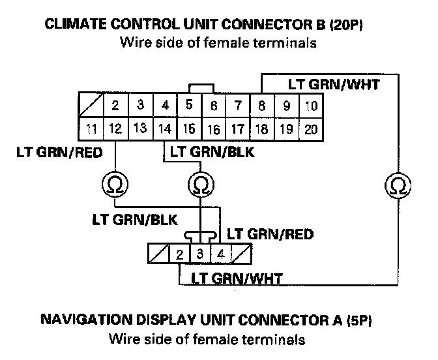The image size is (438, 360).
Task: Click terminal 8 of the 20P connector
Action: click(261, 106)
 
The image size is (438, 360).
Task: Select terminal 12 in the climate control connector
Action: click(115, 129)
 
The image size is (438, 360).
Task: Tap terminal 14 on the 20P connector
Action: click(165, 129)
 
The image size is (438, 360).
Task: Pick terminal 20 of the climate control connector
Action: click(311, 129)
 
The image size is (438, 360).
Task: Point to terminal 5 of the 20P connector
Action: click(189, 104)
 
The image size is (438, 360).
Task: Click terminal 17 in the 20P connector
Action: click(239, 129)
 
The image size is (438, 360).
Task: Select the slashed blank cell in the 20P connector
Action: click(91, 106)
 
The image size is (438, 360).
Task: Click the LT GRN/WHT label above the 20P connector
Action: click(334, 85)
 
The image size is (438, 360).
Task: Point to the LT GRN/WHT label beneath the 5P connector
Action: click(237, 278)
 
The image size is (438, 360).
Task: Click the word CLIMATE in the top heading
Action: click(72, 26)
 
